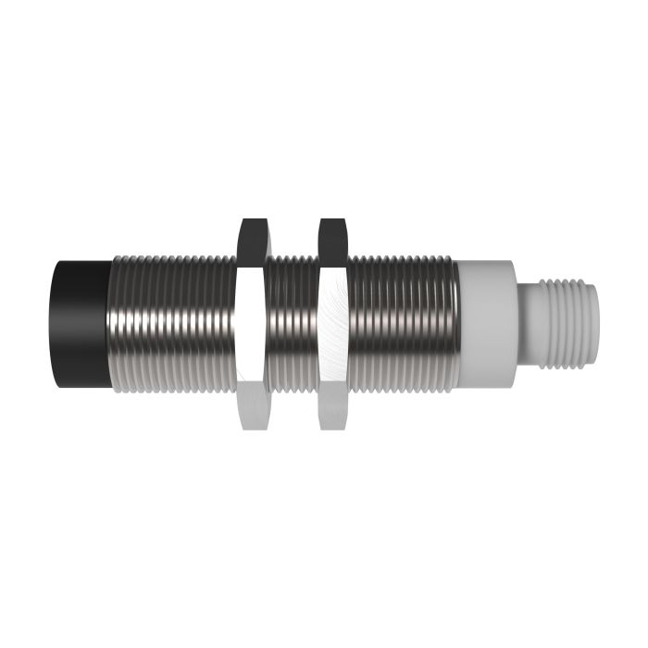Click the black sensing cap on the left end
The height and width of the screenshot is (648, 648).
point(81,324)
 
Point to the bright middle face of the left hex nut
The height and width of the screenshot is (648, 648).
point(251,324)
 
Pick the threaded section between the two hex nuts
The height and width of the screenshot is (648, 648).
point(293,324)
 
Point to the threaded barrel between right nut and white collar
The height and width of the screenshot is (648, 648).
point(403,324)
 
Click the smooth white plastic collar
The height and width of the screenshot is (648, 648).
point(486,324)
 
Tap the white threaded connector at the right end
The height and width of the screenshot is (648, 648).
point(565,324)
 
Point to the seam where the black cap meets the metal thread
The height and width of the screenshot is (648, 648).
point(111,324)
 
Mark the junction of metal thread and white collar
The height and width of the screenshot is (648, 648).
point(460,324)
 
